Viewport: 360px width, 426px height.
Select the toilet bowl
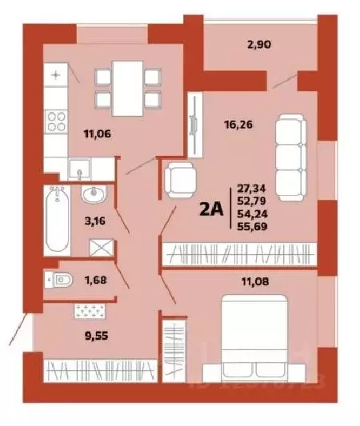coord(61,279)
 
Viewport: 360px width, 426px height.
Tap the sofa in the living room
coord(290,153)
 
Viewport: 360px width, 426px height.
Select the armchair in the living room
coord(181,181)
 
